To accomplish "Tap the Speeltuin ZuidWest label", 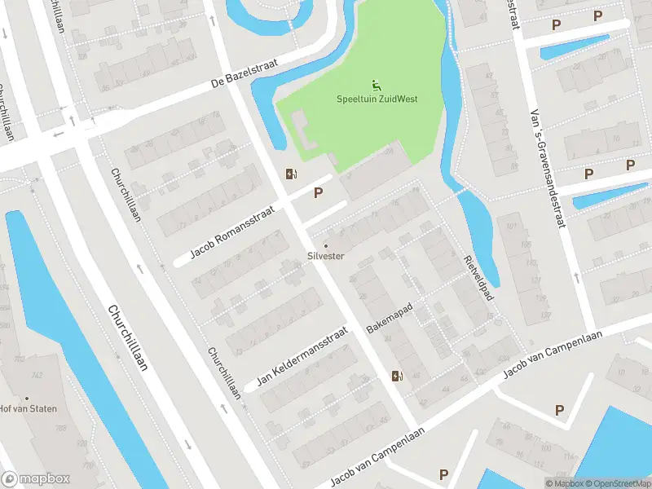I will pos(377,99).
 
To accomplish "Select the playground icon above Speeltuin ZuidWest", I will pos(377,86).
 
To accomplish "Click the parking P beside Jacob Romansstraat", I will pos(319,193).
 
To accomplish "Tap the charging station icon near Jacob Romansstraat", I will pos(290,173).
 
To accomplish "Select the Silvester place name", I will pos(326,256).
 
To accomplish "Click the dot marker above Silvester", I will pos(326,245).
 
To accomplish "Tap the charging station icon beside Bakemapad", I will pos(397,376).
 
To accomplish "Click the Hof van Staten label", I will pos(22,410).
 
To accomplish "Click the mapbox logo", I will pos(36,478).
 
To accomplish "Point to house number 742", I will pos(37,375).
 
